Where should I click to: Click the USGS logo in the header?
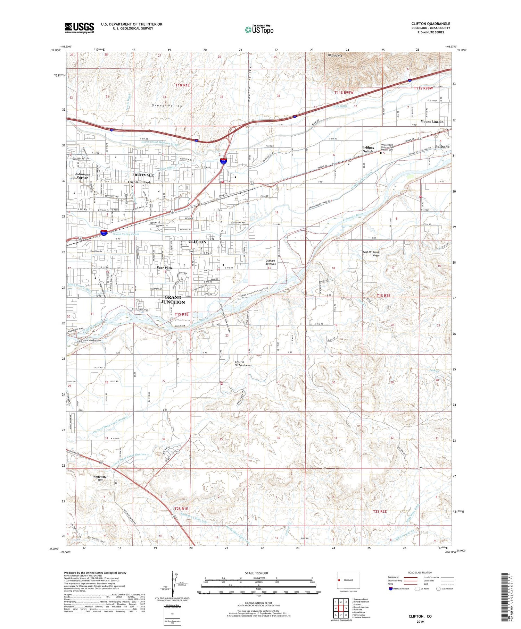pos(79,28)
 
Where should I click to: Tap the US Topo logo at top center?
pos(259,30)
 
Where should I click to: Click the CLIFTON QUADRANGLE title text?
pos(430,24)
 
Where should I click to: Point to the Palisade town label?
pos(442,147)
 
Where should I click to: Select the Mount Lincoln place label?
pos(432,121)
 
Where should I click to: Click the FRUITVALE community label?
pos(143,175)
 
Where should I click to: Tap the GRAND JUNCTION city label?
pos(173,300)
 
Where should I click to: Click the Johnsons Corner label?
pos(82,176)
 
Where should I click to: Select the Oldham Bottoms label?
pos(270,262)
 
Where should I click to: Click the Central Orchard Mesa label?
pos(243,363)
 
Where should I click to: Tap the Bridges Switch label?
pos(368,149)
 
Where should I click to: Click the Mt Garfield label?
pos(335,56)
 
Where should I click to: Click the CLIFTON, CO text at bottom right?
pos(420,616)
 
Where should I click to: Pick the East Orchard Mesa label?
pos(371,254)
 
